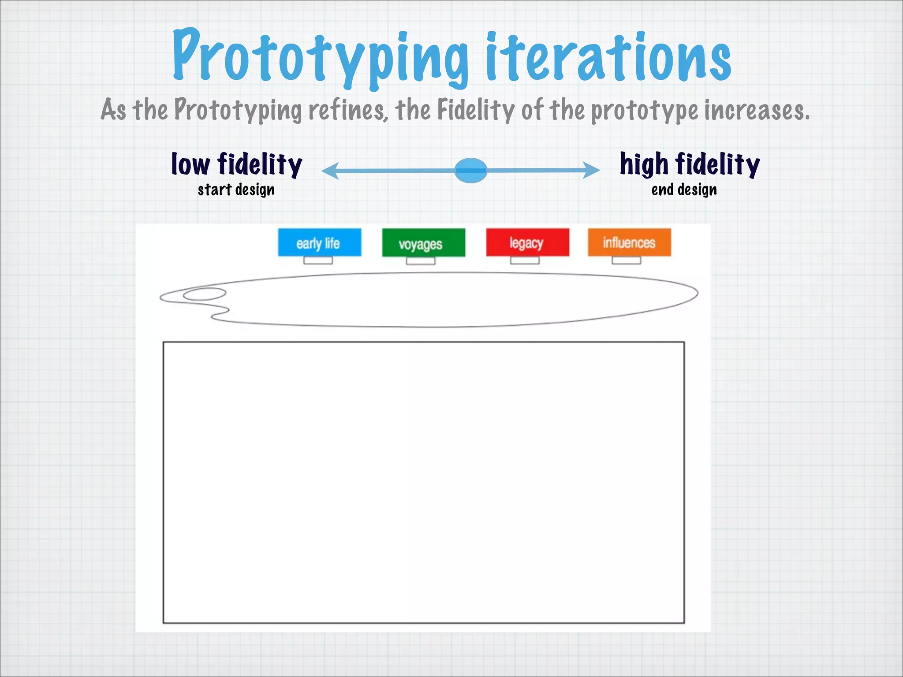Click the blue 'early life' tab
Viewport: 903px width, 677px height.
pos(319,242)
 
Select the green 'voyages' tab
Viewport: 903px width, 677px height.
pos(423,242)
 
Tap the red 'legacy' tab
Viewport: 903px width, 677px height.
pos(527,242)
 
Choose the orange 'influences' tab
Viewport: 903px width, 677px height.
pos(629,242)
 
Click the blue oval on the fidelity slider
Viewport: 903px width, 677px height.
pos(470,170)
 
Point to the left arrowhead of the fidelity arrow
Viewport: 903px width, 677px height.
pos(330,171)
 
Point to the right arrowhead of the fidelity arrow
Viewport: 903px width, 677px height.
pos(592,170)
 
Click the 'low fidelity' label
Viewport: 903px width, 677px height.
pos(236,164)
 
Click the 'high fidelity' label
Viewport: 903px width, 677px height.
pos(690,164)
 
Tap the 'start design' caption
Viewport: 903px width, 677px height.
pos(236,190)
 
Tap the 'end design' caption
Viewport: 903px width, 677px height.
pos(684,190)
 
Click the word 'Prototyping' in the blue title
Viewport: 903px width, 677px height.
pos(320,57)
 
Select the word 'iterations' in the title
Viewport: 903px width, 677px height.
pos(608,57)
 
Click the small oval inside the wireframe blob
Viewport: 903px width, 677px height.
pos(205,294)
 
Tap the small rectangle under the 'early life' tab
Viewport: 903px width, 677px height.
pos(318,260)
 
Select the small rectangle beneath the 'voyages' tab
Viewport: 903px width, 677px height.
pos(421,261)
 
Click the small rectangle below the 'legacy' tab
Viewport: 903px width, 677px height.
pos(525,260)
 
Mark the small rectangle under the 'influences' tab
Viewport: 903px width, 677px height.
pos(626,260)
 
